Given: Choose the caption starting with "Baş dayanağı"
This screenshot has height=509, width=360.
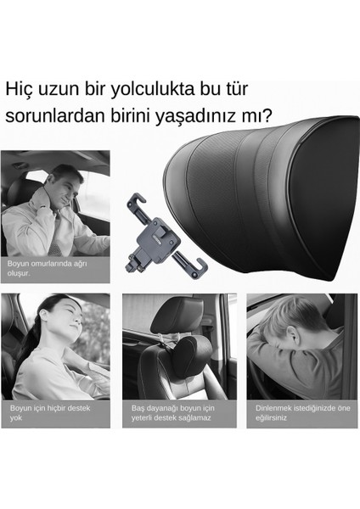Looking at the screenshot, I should click(x=170, y=412).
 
